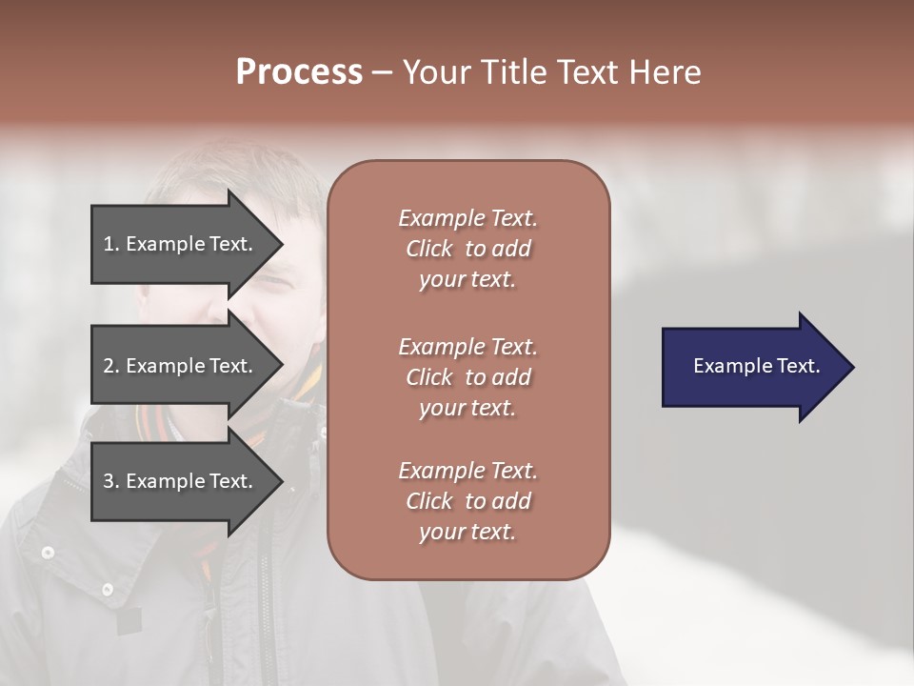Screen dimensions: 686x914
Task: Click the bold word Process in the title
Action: click(299, 72)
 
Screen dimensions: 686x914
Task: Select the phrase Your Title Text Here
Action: click(551, 72)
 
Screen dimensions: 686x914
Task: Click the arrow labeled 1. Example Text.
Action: click(181, 244)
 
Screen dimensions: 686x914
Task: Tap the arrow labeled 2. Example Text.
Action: click(181, 366)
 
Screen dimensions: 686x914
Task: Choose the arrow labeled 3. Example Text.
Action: click(181, 481)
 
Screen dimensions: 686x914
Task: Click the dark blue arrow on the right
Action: click(752, 367)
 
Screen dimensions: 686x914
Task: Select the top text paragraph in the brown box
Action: click(467, 249)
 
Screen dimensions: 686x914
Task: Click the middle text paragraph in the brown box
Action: click(467, 377)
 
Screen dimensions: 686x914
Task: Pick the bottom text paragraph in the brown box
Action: click(467, 501)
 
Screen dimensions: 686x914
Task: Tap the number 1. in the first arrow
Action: click(111, 244)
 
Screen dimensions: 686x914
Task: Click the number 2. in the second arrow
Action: click(111, 366)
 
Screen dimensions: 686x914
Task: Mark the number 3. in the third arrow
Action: click(111, 481)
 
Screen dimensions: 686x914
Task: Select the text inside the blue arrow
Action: click(756, 366)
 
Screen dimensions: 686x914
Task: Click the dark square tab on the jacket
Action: click(129, 621)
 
